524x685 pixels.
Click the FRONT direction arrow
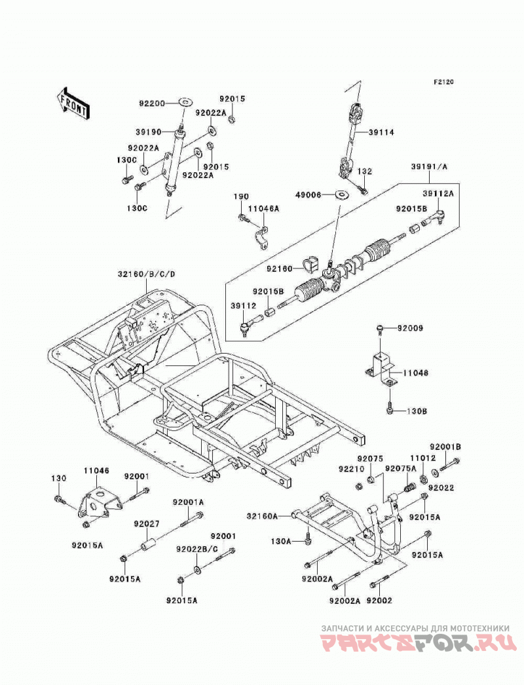click(x=73, y=103)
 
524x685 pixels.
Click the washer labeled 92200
click(x=186, y=103)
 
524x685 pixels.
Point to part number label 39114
click(x=381, y=132)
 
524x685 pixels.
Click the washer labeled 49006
click(x=341, y=193)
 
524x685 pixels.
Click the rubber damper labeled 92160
click(x=309, y=266)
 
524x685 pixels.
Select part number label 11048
click(x=416, y=373)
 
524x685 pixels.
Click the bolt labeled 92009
click(x=381, y=327)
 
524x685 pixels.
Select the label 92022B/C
click(x=197, y=549)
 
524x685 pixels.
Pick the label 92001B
click(x=445, y=447)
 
